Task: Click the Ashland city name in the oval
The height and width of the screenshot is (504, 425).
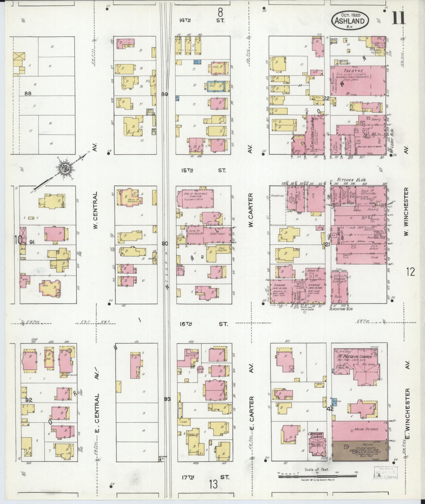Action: tap(350, 21)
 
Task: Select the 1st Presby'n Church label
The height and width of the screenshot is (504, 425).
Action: tap(353, 356)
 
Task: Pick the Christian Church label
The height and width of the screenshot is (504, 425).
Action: tap(315, 436)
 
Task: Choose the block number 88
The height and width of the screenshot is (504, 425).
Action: tap(28, 94)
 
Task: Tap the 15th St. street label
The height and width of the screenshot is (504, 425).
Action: tap(203, 170)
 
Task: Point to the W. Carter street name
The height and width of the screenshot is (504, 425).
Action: tap(251, 210)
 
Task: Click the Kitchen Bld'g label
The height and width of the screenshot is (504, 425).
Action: tap(350, 179)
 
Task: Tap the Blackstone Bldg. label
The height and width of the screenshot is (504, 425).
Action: tap(341, 309)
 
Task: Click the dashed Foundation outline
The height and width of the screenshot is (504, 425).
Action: tap(278, 205)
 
